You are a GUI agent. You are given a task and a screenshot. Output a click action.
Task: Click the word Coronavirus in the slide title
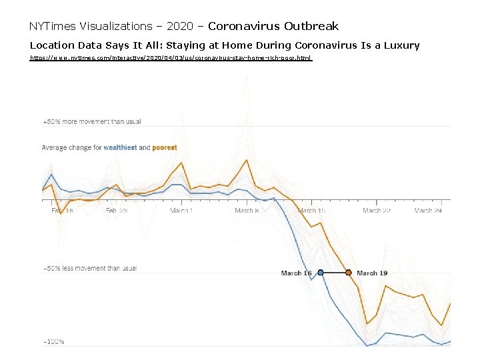244,27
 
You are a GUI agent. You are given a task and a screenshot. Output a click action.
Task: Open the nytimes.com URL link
171,59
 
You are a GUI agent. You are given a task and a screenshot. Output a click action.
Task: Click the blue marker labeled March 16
321,273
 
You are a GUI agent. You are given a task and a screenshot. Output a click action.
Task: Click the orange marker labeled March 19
348,273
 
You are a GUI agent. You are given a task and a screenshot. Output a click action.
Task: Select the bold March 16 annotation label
296,273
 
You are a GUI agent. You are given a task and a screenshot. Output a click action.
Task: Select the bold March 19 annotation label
372,273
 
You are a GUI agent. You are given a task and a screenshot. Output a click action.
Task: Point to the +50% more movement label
92,122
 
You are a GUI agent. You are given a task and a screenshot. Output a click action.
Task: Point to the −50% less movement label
89,269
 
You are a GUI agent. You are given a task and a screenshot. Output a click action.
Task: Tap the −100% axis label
53,342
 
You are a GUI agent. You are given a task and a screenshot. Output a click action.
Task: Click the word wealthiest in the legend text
120,148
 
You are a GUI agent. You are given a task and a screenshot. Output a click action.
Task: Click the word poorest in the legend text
165,148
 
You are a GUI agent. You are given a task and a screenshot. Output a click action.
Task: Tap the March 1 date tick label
181,211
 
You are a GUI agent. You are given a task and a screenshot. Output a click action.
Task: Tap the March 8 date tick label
246,211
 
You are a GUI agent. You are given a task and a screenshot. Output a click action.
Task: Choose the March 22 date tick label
377,211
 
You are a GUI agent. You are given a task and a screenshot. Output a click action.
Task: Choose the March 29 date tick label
428,211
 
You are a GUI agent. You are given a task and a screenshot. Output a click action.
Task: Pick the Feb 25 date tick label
117,211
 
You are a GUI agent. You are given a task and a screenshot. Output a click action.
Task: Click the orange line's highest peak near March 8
247,160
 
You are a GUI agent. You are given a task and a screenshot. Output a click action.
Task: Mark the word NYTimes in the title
53,27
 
